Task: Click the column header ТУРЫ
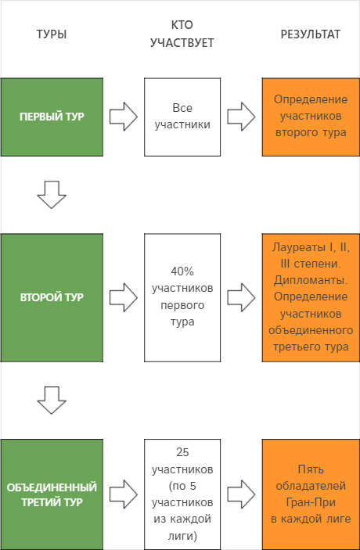(x=52, y=34)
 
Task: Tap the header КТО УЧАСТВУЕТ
(x=182, y=34)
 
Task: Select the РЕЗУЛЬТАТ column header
(x=311, y=34)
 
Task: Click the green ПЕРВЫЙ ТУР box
(x=52, y=117)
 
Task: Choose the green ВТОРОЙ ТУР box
(x=52, y=297)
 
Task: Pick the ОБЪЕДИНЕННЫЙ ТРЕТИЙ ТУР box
(x=52, y=494)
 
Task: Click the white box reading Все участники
(x=182, y=117)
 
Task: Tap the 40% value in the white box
(x=182, y=271)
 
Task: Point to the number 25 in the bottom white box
(x=182, y=452)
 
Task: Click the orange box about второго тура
(x=311, y=117)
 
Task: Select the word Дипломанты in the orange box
(x=311, y=280)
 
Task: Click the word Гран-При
(x=311, y=502)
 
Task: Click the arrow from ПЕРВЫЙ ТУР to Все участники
(x=124, y=117)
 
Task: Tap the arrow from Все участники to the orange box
(x=241, y=117)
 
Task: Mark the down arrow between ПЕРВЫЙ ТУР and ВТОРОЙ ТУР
(x=52, y=195)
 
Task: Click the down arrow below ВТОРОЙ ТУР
(x=52, y=401)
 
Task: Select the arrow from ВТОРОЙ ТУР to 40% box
(x=124, y=297)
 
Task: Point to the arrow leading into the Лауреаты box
(x=241, y=297)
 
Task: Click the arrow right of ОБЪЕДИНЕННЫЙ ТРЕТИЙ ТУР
(x=124, y=494)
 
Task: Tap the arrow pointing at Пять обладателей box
(x=241, y=494)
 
